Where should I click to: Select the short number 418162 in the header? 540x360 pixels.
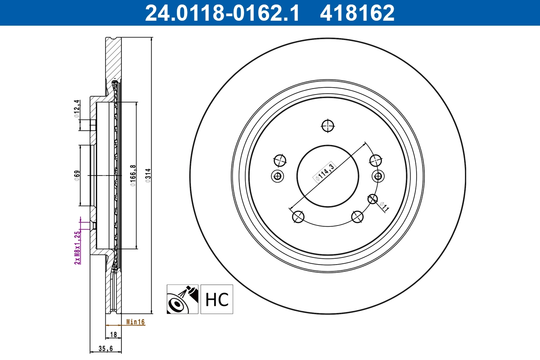357,13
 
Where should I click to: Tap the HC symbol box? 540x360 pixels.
217,299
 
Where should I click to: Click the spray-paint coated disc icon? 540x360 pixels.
182,299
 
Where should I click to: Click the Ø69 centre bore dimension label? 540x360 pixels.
77,175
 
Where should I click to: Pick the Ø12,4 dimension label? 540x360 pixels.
77,109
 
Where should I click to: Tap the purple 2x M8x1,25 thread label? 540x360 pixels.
77,247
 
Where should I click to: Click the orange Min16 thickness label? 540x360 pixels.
135,322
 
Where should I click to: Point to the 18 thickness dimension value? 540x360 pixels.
113,335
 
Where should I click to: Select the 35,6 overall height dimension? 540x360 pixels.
106,348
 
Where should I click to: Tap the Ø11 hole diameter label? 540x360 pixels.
384,207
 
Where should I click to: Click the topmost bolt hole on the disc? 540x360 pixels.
328,126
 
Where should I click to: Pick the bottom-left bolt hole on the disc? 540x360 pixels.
298,217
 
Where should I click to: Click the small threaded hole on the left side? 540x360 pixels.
278,176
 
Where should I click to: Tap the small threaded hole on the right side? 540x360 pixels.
378,175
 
